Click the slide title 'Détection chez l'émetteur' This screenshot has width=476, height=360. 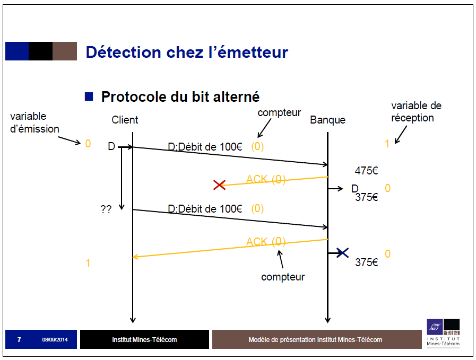click(187, 52)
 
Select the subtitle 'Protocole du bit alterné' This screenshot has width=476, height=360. click(180, 97)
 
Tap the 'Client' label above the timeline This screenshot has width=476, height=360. click(125, 120)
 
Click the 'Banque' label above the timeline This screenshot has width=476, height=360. click(327, 120)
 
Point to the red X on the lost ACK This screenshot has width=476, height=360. click(219, 185)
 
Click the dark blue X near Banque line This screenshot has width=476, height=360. click(342, 252)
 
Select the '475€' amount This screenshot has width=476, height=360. click(366, 171)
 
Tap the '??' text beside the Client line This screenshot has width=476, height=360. click(106, 209)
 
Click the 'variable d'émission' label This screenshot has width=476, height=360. click(34, 122)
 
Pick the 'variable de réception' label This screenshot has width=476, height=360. click(416, 112)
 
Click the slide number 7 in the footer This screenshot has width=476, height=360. click(19, 339)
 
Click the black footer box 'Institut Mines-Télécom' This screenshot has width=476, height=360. click(144, 339)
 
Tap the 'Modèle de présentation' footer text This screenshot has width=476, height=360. click(315, 339)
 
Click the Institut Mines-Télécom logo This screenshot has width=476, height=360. click(443, 333)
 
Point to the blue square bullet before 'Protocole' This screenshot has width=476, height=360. click(89, 96)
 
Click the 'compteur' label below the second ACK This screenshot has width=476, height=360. click(283, 277)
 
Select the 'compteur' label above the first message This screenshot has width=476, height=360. click(279, 113)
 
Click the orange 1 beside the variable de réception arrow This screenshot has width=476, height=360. click(387, 143)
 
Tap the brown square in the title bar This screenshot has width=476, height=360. click(64, 51)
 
